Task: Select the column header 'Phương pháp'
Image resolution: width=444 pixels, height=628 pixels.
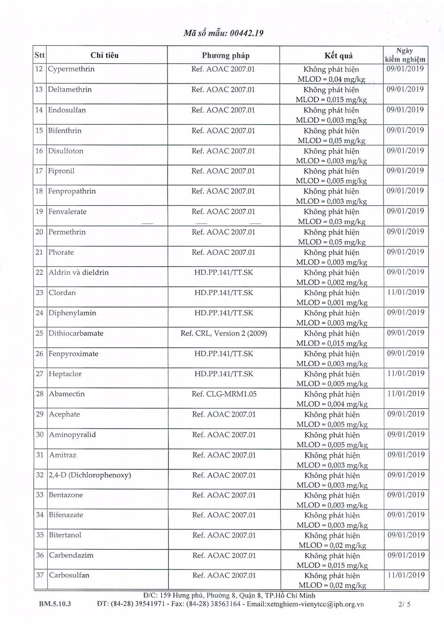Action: (x=226, y=56)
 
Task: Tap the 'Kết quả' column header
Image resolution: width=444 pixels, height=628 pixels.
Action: (x=338, y=56)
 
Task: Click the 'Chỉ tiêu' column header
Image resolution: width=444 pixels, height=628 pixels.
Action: (x=104, y=55)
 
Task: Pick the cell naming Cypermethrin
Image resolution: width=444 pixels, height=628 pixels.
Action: (x=71, y=69)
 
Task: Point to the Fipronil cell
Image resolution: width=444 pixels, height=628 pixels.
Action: (x=61, y=171)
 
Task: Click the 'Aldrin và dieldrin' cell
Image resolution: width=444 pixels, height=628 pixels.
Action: (x=79, y=272)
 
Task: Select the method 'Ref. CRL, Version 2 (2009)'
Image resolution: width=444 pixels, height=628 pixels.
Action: (x=223, y=333)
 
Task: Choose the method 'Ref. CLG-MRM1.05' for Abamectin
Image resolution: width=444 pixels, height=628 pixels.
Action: (x=224, y=394)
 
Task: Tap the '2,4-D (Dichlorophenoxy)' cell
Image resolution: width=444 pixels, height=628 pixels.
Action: (x=90, y=475)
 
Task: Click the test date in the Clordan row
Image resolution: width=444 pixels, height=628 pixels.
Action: (x=406, y=292)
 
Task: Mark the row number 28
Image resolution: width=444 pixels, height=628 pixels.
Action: (x=40, y=394)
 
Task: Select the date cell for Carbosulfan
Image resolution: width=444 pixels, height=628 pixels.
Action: (x=406, y=575)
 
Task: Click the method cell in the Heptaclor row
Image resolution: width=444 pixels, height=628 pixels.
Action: (x=223, y=374)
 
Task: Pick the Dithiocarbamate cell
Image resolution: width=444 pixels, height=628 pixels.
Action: (x=76, y=333)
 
